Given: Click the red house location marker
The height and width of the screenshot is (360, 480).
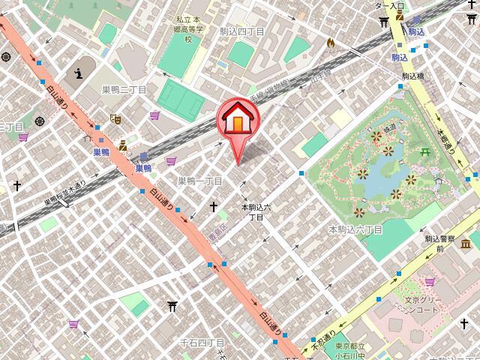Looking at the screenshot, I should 238,121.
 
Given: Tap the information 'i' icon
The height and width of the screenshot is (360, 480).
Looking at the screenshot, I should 80,74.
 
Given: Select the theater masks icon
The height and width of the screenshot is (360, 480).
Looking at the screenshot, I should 115,118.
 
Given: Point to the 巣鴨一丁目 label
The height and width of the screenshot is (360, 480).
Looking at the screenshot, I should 199,181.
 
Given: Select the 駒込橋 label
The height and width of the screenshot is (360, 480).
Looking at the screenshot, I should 413,76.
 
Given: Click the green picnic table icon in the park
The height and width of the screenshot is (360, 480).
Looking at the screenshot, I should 424,152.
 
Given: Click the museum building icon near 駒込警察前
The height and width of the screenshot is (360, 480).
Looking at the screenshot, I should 466,242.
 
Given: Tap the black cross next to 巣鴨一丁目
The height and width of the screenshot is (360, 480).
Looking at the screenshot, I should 214,205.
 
